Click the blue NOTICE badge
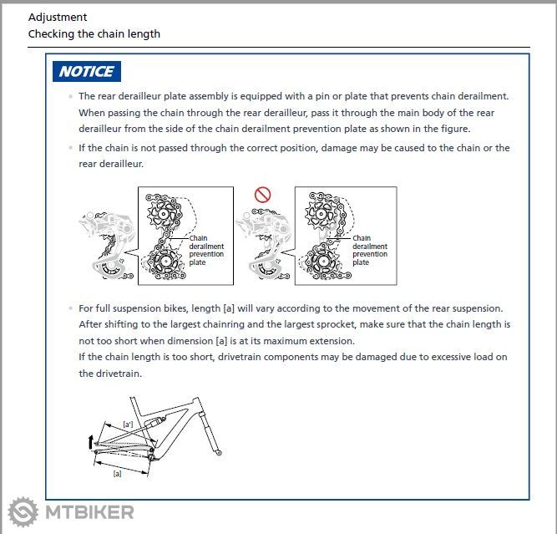(87, 72)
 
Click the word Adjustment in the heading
(58, 17)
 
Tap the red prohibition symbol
(262, 195)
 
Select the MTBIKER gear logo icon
(23, 512)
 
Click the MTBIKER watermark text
(89, 512)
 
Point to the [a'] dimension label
(128, 425)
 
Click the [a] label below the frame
(117, 474)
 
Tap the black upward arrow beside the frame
(90, 441)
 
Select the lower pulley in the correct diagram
(165, 262)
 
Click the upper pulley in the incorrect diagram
(321, 214)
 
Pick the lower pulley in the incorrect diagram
(323, 262)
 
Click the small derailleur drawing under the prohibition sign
(264, 244)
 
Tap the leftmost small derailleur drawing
(107, 246)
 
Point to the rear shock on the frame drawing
(154, 422)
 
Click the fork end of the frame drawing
(219, 453)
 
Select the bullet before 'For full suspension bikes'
(71, 308)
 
